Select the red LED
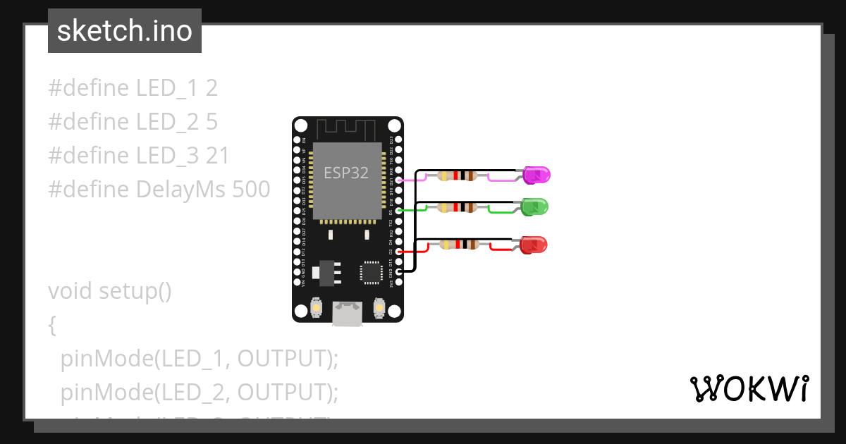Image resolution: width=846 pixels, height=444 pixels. click(x=534, y=245)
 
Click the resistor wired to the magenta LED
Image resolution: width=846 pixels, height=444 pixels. click(x=458, y=176)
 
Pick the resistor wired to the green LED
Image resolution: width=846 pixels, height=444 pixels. click(x=458, y=207)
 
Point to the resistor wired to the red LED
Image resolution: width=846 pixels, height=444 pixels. click(x=459, y=245)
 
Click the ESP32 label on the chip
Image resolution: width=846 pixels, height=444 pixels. click(x=345, y=173)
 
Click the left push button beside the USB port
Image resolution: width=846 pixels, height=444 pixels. click(x=317, y=308)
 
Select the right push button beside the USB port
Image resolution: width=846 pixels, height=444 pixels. click(x=379, y=308)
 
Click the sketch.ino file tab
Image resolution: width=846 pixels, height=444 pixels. click(x=125, y=31)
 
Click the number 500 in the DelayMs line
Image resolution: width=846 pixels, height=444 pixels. click(x=251, y=190)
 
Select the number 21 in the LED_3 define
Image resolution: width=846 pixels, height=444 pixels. click(x=218, y=156)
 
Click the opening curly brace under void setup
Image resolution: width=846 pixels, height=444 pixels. click(x=52, y=325)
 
